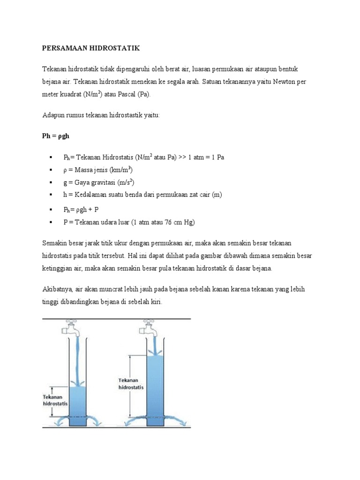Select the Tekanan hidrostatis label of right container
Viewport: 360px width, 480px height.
[x=131, y=384]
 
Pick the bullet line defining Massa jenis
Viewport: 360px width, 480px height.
[x=101, y=170]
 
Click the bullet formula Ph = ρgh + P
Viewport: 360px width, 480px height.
[x=82, y=210]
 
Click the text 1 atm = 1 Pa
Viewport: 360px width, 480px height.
[x=206, y=157]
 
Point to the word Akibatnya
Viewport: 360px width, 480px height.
[x=58, y=290]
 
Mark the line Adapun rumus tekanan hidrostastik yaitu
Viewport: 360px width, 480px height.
[x=101, y=115]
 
